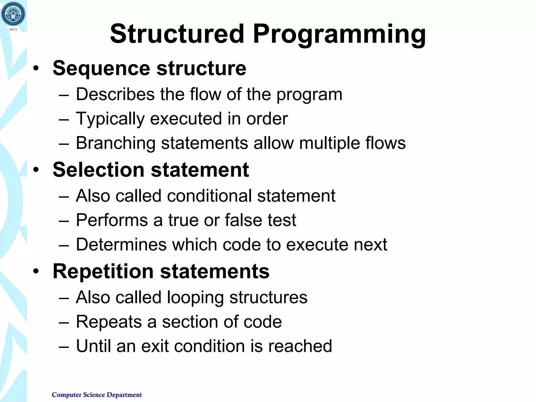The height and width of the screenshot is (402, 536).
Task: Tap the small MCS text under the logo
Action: coord(13,29)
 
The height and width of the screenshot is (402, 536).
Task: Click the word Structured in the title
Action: coord(177,34)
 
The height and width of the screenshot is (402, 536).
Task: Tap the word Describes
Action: coord(115,94)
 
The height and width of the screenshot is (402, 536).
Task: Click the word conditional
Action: coord(209,196)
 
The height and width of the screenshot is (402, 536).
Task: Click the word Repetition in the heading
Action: coord(103,271)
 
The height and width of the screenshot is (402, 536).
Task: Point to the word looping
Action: coord(195,298)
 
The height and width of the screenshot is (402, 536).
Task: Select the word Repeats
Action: coord(109,322)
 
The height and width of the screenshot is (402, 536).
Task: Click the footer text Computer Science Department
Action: coord(97,395)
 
